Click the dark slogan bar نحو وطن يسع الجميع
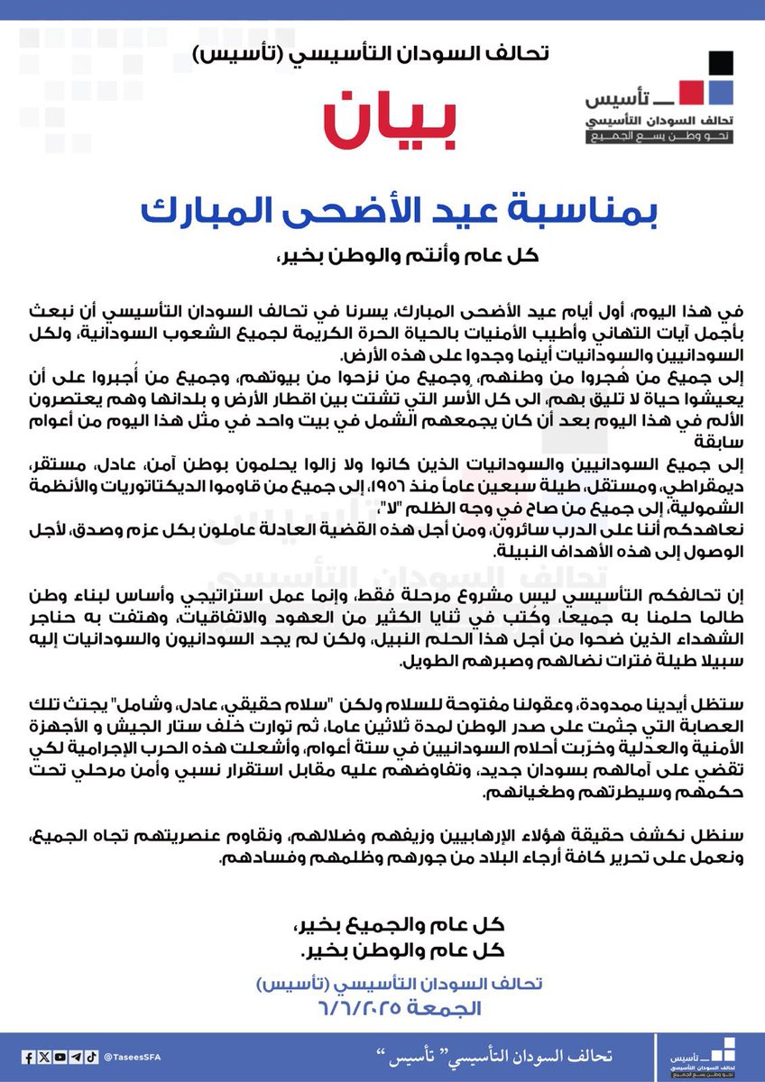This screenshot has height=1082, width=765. [659, 137]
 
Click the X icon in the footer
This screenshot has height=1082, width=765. [43, 1057]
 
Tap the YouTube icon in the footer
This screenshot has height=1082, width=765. [60, 1057]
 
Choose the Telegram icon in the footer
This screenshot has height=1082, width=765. [76, 1057]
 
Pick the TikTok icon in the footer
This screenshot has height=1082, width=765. [92, 1057]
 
